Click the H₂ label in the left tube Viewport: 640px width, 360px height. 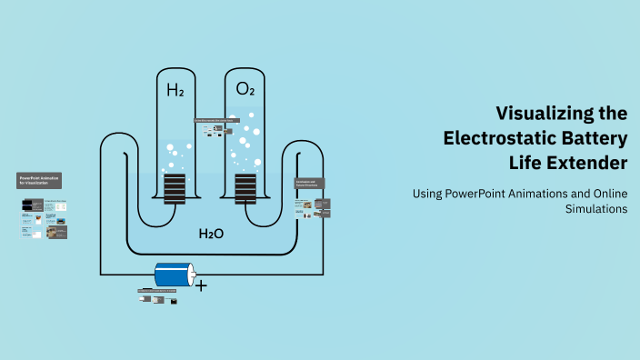click(175, 89)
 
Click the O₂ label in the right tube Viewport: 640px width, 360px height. click(245, 89)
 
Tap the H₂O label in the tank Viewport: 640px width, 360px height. click(211, 234)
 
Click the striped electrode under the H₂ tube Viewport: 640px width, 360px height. click(175, 187)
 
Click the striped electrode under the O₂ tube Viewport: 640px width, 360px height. click(245, 187)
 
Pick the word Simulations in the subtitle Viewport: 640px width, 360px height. click(596, 208)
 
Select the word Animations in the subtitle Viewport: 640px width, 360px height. click(546, 193)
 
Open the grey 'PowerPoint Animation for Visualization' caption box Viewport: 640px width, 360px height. click(39, 180)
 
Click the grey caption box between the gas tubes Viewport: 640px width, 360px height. click(215, 120)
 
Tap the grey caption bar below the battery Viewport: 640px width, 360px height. click(163, 291)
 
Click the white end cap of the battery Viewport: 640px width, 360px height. click(190, 275)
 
